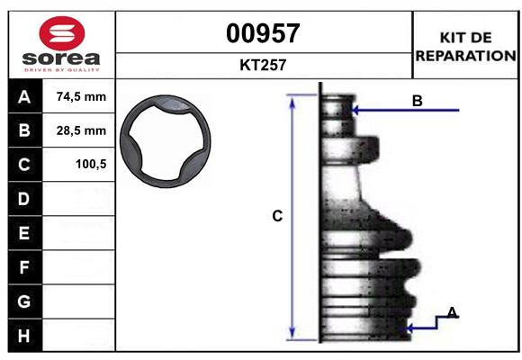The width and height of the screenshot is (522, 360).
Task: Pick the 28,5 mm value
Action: (81, 130)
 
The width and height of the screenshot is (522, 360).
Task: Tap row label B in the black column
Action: (23, 130)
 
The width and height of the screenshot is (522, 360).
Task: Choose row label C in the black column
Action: (23, 165)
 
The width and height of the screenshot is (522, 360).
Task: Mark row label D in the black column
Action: (23, 198)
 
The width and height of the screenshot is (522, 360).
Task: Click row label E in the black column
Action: (23, 233)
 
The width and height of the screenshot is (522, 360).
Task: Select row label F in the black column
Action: (23, 267)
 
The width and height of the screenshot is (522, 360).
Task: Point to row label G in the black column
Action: (23, 301)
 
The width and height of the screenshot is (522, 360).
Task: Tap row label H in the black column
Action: (23, 335)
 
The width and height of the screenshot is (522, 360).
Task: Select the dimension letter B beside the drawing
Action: (417, 101)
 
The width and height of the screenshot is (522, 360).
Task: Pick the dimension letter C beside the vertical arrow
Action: (277, 216)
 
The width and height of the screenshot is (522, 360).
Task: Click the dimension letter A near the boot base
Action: (453, 312)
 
